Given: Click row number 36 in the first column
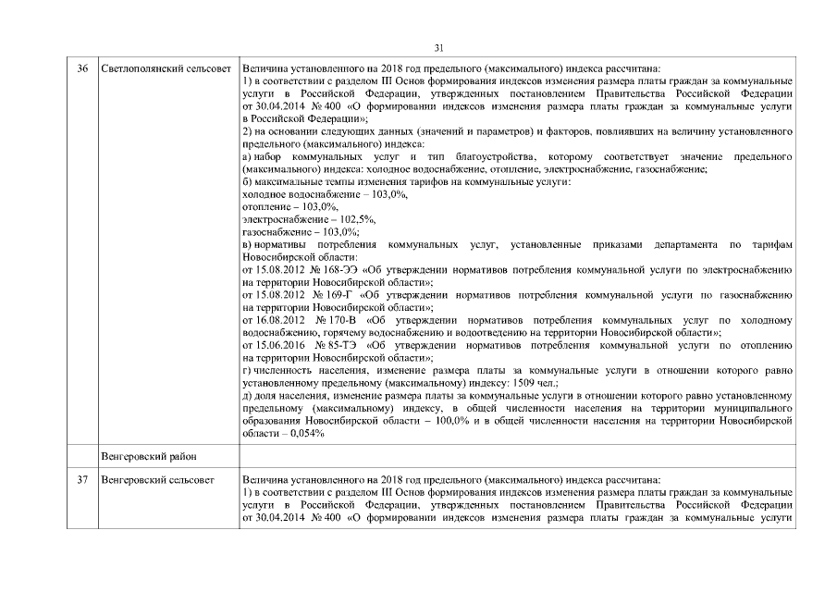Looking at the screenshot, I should [82, 69].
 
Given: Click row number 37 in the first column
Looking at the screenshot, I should [82, 481].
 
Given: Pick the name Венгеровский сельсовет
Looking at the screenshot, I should [156, 481].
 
